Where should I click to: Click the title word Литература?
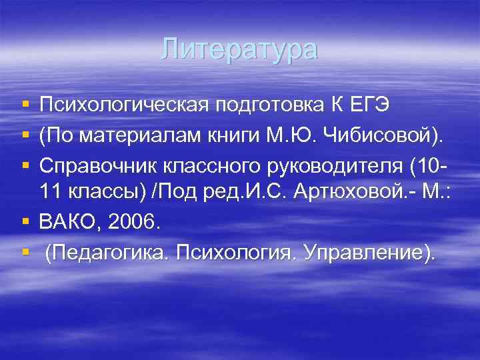240,50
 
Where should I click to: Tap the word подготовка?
268,105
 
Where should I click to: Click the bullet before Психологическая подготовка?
25,105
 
